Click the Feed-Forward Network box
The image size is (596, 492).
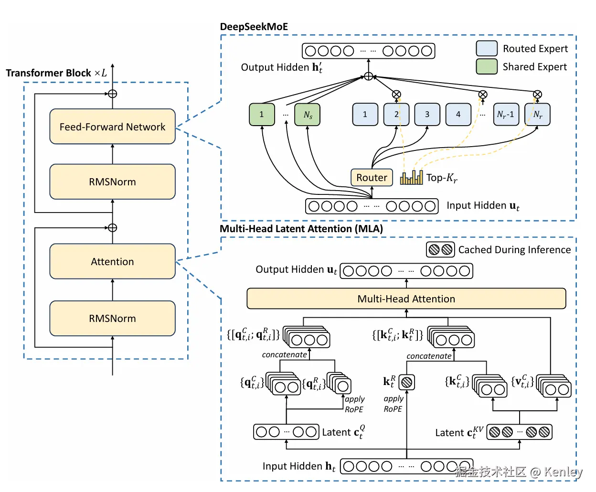[x=112, y=127]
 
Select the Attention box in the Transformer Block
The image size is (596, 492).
[x=112, y=261]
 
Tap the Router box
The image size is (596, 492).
[x=372, y=178]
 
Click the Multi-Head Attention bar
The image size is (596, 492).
[x=406, y=299]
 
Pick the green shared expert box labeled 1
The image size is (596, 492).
[x=262, y=115]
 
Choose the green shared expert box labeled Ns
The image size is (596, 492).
[x=308, y=115]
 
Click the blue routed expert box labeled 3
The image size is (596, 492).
[x=427, y=115]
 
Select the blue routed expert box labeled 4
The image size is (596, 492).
[x=458, y=115]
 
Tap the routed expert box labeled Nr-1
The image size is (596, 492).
[x=505, y=115]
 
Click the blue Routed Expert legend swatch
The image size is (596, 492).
[x=487, y=48]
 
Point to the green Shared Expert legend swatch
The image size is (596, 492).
[x=487, y=66]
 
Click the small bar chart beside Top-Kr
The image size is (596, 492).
[x=411, y=178]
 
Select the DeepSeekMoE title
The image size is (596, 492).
[x=254, y=27]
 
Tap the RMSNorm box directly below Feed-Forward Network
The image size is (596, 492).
[x=112, y=182]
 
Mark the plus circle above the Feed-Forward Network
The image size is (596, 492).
[x=112, y=94]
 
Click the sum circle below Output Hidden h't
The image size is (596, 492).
[x=368, y=76]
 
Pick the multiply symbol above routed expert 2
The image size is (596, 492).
[x=396, y=95]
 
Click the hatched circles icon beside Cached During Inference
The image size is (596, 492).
[x=440, y=249]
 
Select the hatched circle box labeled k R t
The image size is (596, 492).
[x=406, y=382]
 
